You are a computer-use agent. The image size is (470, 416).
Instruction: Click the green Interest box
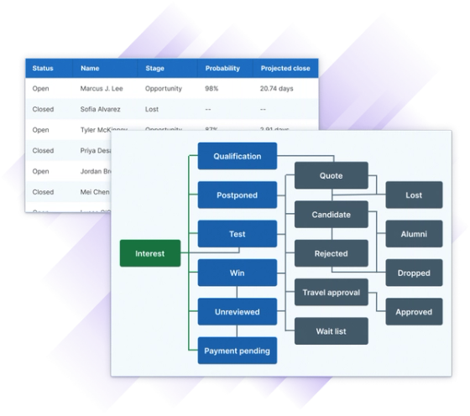(150, 253)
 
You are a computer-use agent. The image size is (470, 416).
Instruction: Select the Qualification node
(238, 156)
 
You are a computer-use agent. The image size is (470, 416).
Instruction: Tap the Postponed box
(238, 195)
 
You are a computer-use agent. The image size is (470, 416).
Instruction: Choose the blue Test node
(238, 234)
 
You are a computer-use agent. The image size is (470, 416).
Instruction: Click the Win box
(238, 273)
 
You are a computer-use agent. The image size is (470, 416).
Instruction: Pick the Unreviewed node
(238, 312)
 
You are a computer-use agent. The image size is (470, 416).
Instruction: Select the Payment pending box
(238, 351)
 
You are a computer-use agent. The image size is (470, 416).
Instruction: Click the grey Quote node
(331, 176)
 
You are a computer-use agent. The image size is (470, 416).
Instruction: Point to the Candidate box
(331, 215)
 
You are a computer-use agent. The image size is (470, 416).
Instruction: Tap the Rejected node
(331, 253)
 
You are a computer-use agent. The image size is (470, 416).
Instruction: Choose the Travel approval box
(331, 293)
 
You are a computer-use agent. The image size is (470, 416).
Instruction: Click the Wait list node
(331, 331)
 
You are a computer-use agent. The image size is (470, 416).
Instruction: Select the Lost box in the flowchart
(414, 195)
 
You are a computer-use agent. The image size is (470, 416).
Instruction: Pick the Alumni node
(414, 234)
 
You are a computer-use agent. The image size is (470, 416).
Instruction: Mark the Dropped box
(414, 273)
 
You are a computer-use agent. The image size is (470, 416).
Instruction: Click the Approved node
(414, 312)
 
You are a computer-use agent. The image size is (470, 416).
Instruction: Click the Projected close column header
(285, 68)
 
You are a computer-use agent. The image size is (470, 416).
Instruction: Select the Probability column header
(222, 68)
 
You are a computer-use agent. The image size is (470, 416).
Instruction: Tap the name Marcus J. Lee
(102, 88)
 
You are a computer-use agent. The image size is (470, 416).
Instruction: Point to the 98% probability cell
(213, 88)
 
